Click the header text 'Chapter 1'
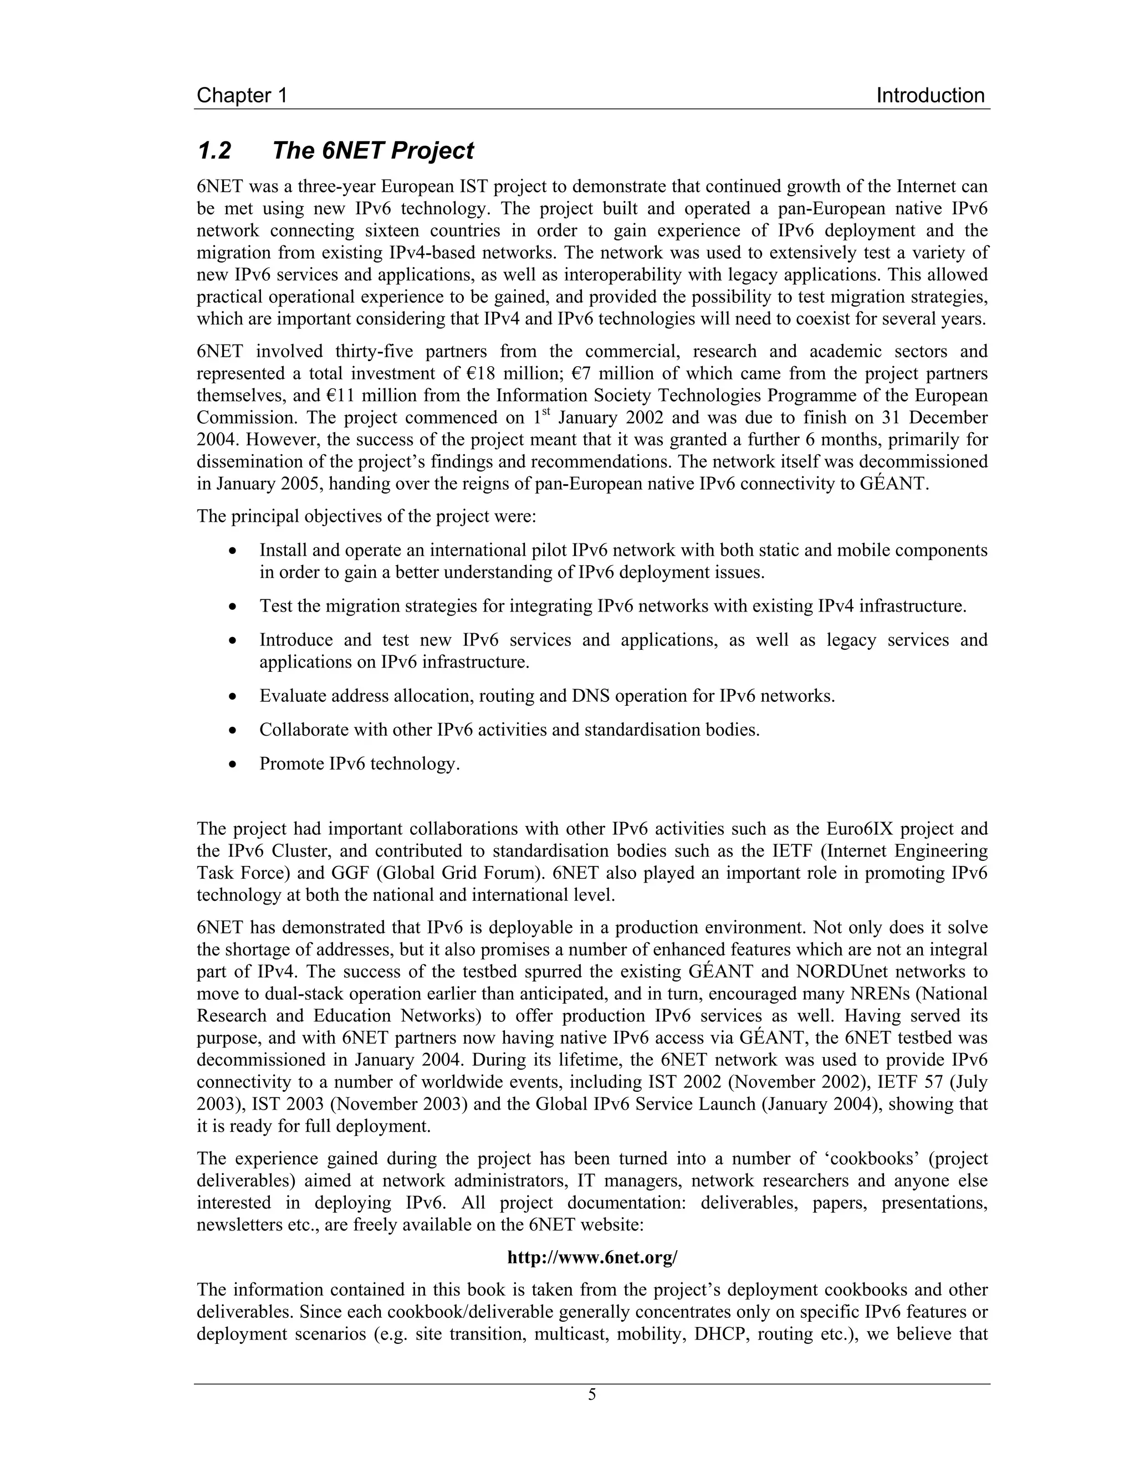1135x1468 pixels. click(x=242, y=95)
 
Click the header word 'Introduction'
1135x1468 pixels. click(x=931, y=95)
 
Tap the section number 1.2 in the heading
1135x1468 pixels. click(x=214, y=151)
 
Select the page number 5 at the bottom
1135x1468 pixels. click(x=592, y=1394)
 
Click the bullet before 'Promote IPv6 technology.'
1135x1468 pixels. click(x=233, y=764)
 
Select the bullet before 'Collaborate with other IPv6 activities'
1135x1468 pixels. click(x=233, y=730)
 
